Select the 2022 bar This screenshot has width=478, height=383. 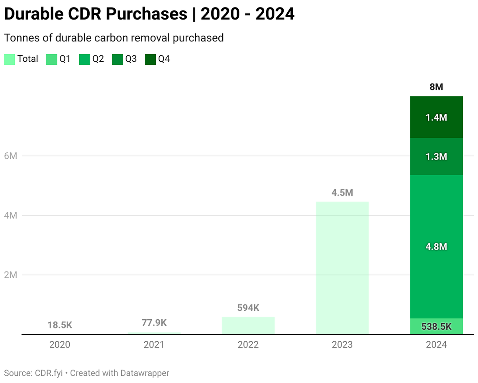click(248, 325)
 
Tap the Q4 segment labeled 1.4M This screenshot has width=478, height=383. click(436, 117)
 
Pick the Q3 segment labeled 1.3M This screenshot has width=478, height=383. click(436, 156)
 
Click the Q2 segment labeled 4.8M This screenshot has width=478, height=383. click(436, 246)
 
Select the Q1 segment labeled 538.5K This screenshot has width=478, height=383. click(436, 326)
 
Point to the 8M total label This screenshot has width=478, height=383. click(436, 87)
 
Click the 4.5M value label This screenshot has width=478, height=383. click(342, 193)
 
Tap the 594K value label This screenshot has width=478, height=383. click(248, 308)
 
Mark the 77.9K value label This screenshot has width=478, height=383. click(154, 322)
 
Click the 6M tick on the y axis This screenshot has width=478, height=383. click(10, 156)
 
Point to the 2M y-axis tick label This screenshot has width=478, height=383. click(10, 275)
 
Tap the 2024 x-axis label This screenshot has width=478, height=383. click(436, 345)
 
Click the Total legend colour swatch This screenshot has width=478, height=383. click(9, 59)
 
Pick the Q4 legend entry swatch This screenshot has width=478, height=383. click(150, 59)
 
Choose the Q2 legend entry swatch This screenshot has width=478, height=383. click(84, 59)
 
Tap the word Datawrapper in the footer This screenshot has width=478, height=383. click(147, 373)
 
